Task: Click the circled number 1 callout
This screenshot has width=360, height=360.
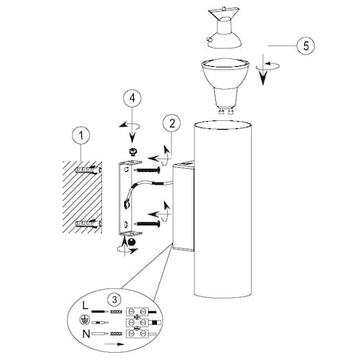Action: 81,135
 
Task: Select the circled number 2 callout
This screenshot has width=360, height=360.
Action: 172,123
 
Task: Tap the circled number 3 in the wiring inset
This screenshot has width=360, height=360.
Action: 115,299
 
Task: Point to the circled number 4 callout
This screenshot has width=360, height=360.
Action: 132,98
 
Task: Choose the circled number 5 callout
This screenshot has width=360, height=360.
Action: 306,45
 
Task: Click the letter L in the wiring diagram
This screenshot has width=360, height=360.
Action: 85,305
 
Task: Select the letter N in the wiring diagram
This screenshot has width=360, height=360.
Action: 86,334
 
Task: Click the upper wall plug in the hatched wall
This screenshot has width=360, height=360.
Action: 88,170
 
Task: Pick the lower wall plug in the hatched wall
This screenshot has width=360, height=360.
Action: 88,224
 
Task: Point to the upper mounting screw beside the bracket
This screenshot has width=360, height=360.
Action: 147,170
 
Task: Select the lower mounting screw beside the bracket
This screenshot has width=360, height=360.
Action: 147,224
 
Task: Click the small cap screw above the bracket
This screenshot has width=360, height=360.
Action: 132,152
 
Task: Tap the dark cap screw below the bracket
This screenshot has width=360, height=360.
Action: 132,242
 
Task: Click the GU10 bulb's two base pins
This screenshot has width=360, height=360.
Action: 226,111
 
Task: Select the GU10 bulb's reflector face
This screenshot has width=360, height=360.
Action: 225,64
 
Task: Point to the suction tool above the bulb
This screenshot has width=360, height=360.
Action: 224,27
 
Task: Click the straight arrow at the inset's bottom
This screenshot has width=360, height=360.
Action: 115,344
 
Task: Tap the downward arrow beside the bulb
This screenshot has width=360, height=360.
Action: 263,69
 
